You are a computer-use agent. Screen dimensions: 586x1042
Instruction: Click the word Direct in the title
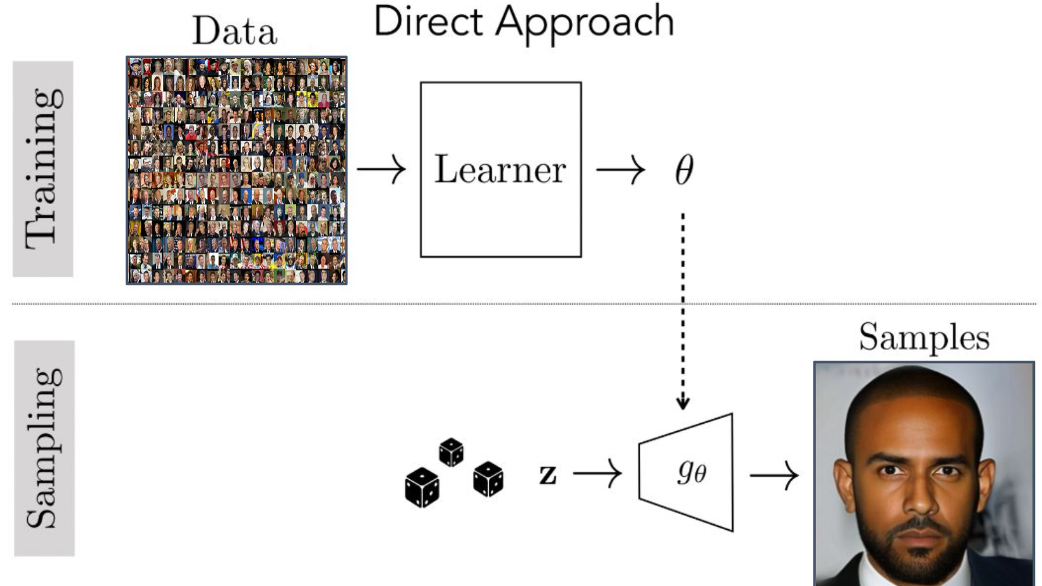(x=428, y=22)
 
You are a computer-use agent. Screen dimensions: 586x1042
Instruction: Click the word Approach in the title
(x=584, y=24)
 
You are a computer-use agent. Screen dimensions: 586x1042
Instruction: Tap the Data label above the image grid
(x=234, y=31)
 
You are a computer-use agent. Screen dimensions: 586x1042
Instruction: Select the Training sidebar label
(x=43, y=169)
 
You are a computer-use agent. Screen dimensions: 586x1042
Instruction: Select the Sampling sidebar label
(x=44, y=448)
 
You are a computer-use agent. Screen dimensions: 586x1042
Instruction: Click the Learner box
(x=501, y=169)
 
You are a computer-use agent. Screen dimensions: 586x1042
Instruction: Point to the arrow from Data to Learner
(x=381, y=169)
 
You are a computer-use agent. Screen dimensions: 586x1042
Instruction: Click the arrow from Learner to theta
(x=621, y=169)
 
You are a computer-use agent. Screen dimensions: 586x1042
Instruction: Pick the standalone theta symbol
(x=684, y=170)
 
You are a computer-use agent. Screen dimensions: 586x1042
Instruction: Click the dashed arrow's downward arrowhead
(x=683, y=402)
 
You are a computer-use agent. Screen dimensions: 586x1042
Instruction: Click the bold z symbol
(x=548, y=474)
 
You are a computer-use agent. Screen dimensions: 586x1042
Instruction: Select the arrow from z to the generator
(x=597, y=474)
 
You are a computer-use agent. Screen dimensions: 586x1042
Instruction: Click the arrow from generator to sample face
(x=774, y=475)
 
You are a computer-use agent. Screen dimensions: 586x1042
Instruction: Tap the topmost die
(x=451, y=452)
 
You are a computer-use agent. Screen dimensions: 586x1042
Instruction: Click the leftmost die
(x=422, y=487)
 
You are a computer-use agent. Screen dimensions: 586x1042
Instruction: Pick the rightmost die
(x=488, y=479)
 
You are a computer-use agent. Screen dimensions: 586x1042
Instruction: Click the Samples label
(x=923, y=338)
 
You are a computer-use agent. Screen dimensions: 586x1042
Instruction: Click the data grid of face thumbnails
(x=237, y=170)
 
